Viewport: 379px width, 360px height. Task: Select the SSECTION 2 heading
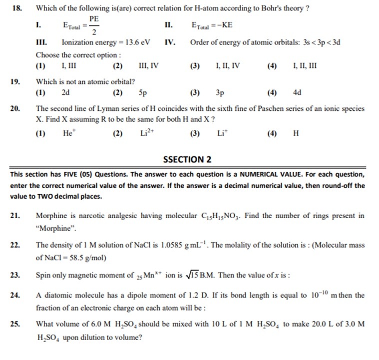click(187, 160)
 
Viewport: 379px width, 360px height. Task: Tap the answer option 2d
click(65, 92)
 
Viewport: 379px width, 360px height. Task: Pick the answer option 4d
click(298, 92)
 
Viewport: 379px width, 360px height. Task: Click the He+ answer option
click(69, 133)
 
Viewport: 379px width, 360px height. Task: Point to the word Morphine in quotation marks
click(56, 228)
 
